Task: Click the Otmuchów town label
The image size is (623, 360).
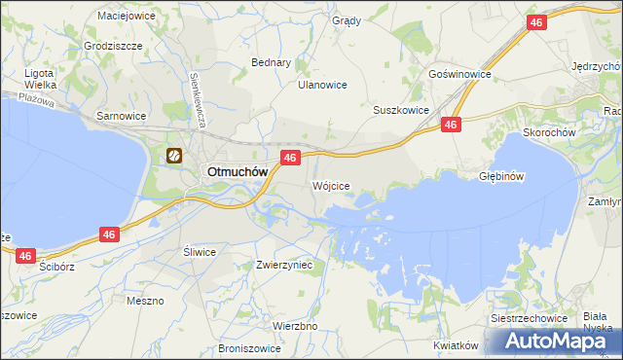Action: pos(235,171)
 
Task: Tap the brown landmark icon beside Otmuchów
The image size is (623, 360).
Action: pos(174,154)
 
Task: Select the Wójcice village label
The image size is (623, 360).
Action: pos(331,185)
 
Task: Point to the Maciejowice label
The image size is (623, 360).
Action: pos(128,16)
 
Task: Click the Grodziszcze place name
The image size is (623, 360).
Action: pos(114,46)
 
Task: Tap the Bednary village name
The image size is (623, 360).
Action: pos(272,62)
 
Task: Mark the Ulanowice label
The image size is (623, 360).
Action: pos(322,85)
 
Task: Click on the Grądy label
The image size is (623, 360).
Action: pos(346,20)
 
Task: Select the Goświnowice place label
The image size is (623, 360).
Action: pos(459,74)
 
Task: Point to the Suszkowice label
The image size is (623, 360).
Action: pos(401,110)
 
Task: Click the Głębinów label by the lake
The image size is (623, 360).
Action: pos(502,176)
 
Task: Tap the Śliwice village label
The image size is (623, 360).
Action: pos(200,251)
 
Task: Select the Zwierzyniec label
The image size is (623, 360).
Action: pos(283,264)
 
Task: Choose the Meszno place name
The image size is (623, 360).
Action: pos(145,301)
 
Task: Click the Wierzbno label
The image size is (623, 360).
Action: pos(295,326)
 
